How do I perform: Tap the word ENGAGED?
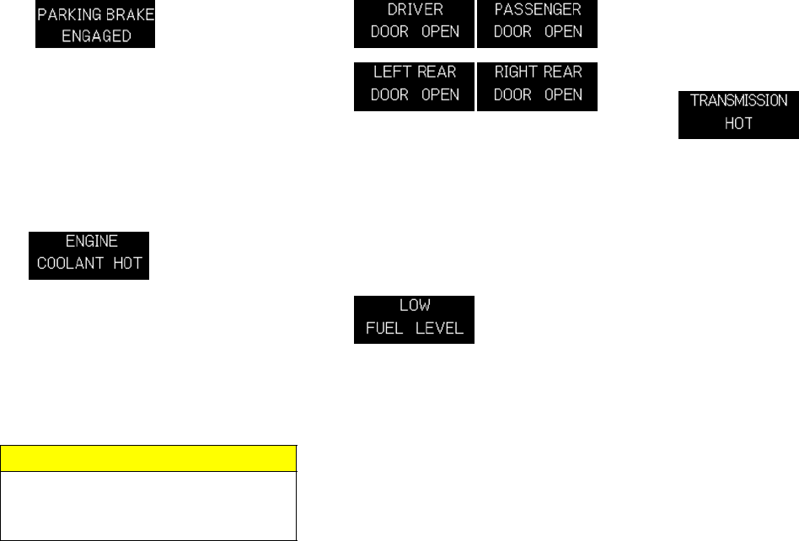(94, 36)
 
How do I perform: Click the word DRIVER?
(415, 11)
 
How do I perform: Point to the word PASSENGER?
(537, 11)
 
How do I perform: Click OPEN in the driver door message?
(440, 32)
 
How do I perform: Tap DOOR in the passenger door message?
(512, 32)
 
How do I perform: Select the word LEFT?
(391, 72)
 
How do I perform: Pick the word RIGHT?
(516, 72)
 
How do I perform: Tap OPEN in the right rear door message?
(563, 94)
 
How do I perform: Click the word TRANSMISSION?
(738, 99)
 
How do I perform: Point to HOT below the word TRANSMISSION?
(738, 122)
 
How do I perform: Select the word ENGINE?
(89, 240)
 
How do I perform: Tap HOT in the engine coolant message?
(129, 262)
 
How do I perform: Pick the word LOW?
(415, 307)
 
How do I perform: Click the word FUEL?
(384, 329)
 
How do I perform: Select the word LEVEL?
(442, 329)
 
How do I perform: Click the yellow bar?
(148, 458)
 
